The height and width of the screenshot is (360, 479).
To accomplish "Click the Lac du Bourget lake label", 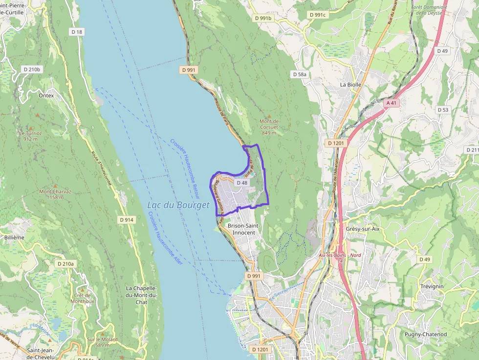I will coord(178,205).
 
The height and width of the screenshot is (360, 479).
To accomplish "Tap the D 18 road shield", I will coord(77,32).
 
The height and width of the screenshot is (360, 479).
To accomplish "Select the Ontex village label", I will coord(46,96).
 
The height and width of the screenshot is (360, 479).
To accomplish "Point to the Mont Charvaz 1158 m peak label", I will coord(55,194).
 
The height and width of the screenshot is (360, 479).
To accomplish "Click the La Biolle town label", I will coord(350,85).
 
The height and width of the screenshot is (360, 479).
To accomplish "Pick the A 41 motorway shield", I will coord(391,103).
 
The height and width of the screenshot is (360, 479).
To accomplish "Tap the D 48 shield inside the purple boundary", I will coord(242,183).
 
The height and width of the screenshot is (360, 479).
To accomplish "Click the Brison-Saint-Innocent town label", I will coord(243,229).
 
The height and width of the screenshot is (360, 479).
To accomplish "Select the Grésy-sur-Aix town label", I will coord(362,229).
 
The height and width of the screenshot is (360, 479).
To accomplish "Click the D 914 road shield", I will coord(127,220).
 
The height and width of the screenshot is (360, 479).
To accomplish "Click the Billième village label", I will coord(14,237).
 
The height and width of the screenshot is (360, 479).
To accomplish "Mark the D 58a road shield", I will coord(301,74).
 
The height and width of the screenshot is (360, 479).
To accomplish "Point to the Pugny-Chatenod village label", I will coord(425,334).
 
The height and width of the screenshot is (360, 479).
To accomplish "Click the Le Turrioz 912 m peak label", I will coord(30,136).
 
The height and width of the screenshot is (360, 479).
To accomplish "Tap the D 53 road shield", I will coord(443,110).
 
